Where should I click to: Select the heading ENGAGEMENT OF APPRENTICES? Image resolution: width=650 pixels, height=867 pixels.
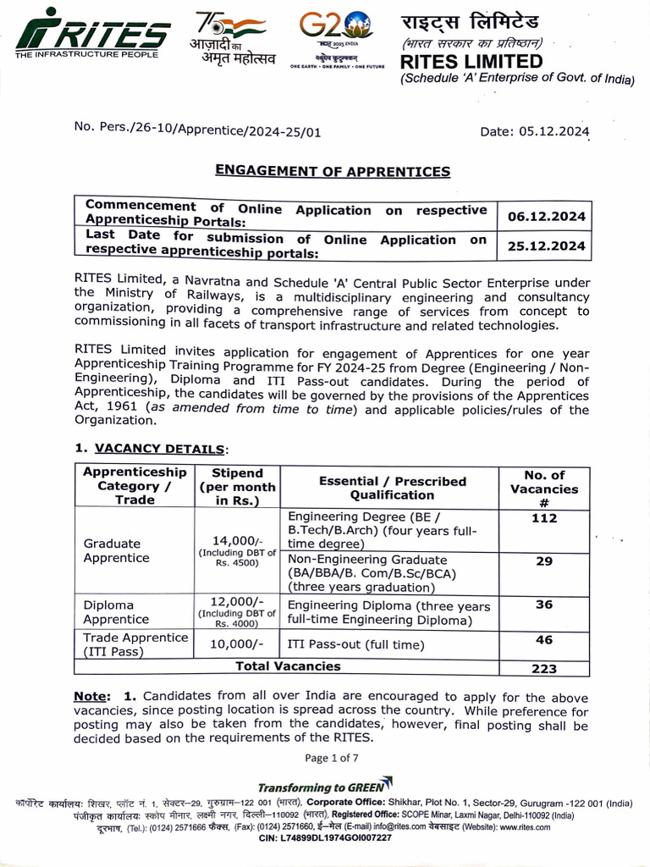pyautogui.click(x=333, y=171)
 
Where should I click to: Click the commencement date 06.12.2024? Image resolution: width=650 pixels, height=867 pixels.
pyautogui.click(x=546, y=217)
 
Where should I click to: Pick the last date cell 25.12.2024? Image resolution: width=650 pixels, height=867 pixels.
pyautogui.click(x=546, y=247)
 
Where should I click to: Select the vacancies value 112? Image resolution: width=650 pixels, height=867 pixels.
pyautogui.click(x=544, y=518)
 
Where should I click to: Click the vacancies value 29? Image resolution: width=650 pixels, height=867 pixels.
pyautogui.click(x=544, y=561)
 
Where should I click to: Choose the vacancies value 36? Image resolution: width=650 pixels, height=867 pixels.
pyautogui.click(x=544, y=605)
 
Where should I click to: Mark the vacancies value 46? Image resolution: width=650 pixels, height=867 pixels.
pyautogui.click(x=544, y=640)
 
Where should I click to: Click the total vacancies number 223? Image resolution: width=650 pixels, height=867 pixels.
pyautogui.click(x=544, y=668)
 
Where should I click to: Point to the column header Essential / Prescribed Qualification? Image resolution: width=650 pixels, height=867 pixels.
pyautogui.click(x=392, y=488)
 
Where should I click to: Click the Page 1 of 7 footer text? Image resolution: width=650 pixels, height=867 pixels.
pyautogui.click(x=332, y=758)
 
